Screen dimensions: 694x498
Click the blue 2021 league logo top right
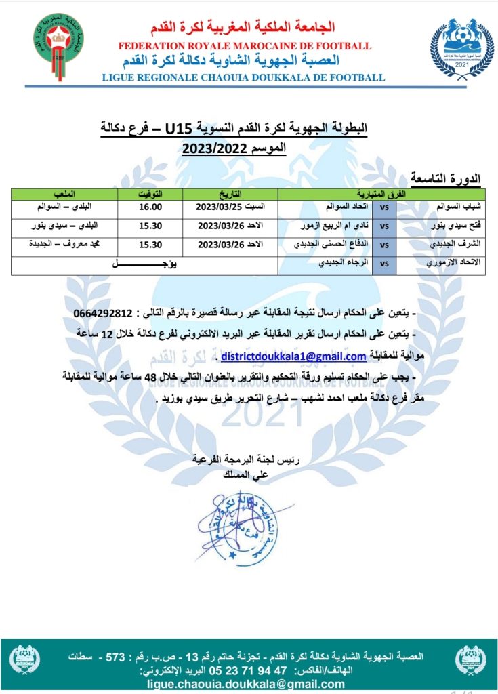click(461, 45)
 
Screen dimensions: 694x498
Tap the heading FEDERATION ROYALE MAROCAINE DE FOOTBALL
click(245, 46)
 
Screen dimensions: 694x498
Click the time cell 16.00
click(150, 207)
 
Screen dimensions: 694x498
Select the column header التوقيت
click(150, 194)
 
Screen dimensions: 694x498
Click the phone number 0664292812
click(107, 313)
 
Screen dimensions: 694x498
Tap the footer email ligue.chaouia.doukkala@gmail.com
click(245, 684)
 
